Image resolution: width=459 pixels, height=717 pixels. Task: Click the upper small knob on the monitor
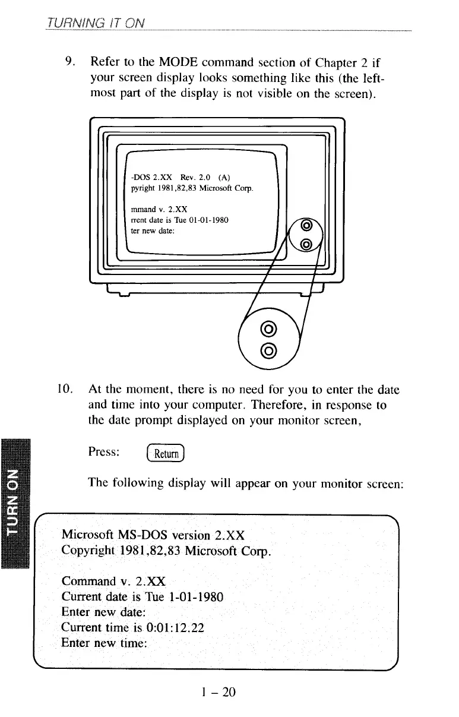coord(306,226)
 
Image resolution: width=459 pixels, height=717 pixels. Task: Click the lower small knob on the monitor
coord(306,244)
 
